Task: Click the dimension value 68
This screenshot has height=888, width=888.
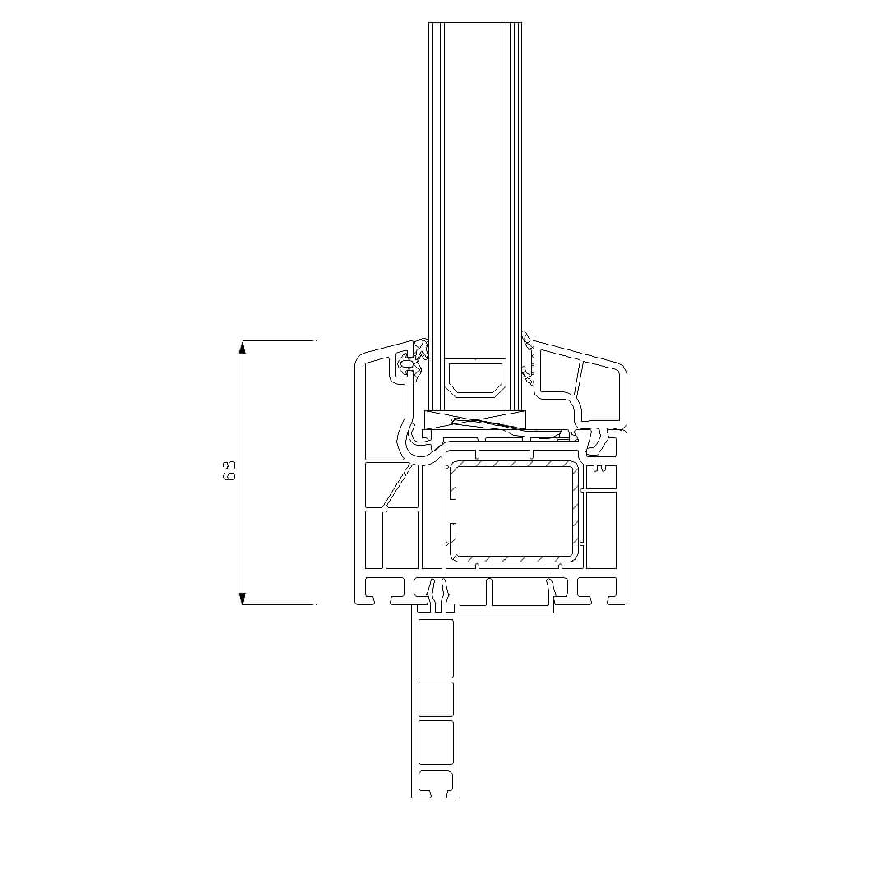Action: [229, 471]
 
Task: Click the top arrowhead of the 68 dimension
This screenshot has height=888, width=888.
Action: [243, 347]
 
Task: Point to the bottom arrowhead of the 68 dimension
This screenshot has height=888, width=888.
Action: [243, 598]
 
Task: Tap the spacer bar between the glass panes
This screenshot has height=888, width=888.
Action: [475, 377]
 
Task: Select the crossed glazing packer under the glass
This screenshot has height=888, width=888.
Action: [476, 419]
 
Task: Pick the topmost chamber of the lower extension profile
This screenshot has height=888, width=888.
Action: [436, 648]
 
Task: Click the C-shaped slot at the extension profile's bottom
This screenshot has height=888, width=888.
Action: [436, 784]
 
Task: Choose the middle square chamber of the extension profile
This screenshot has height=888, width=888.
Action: [436, 699]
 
